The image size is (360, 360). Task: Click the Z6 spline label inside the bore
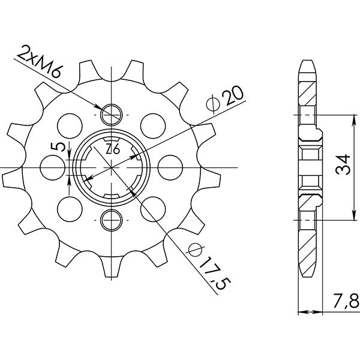click(x=112, y=150)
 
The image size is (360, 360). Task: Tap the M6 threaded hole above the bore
click(x=112, y=113)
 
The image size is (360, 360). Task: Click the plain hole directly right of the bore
click(x=172, y=166)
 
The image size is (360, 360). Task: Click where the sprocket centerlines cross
click(x=112, y=166)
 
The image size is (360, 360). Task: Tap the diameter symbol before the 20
click(x=211, y=106)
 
